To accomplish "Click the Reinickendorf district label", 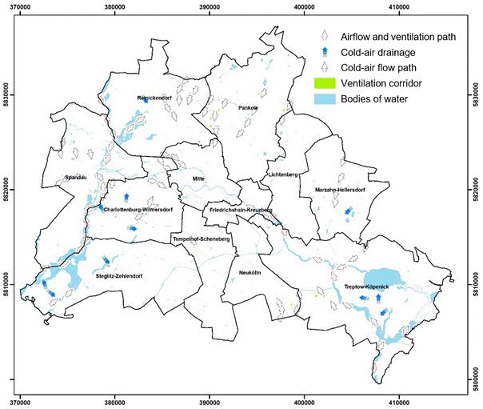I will (x=154, y=98).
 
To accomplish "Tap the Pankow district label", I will (x=247, y=106).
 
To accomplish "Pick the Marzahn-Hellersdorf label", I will (x=334, y=190).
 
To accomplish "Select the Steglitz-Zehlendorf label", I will (x=118, y=276).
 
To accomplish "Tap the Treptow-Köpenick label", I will (x=361, y=287).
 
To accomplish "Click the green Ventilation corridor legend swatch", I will (x=325, y=82).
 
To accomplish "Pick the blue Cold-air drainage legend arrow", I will (x=325, y=53).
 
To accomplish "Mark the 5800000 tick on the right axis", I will (x=477, y=377).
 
